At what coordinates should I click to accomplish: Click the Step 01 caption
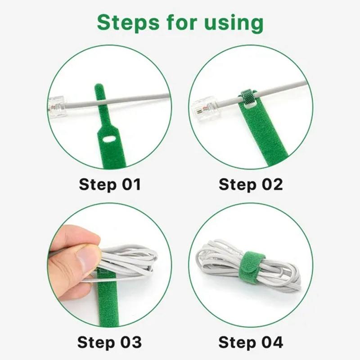(x=110, y=184)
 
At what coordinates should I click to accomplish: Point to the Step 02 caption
(x=251, y=184)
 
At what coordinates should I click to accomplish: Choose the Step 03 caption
(x=109, y=342)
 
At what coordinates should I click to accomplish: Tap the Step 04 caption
(x=251, y=342)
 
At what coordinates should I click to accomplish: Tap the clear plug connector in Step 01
(x=57, y=107)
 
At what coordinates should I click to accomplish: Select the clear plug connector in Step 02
(x=205, y=110)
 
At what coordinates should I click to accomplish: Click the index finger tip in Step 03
(x=92, y=237)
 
